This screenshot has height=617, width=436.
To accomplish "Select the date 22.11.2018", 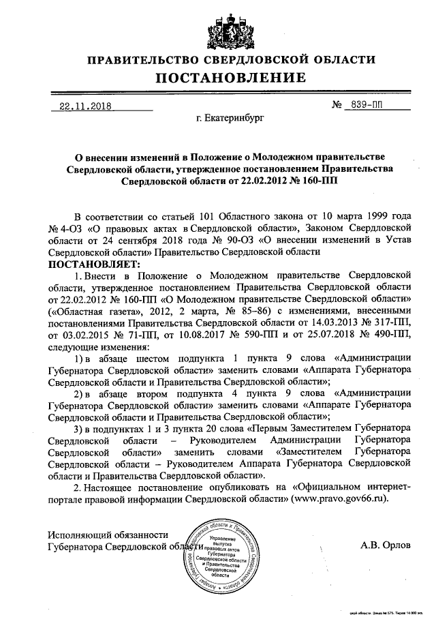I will point(85,106).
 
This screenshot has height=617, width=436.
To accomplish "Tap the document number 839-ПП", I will point(365,106).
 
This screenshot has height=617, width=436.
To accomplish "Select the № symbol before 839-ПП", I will point(336,106).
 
